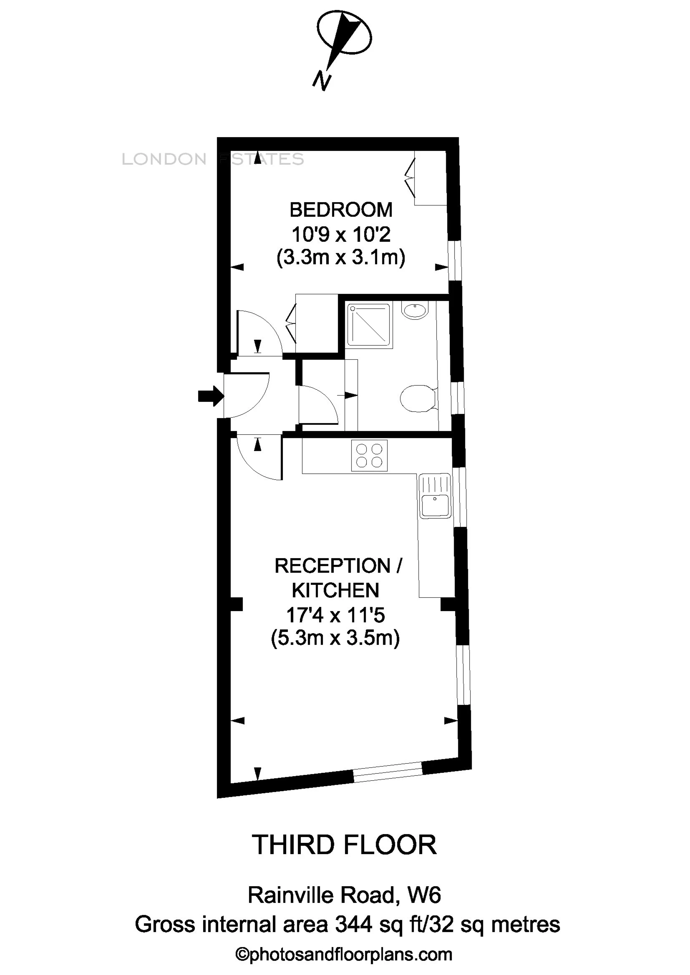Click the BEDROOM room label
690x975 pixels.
click(341, 210)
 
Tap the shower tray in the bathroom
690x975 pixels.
click(368, 325)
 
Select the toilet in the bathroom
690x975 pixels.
click(418, 399)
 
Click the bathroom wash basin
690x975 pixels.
click(416, 311)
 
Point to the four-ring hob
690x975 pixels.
click(369, 456)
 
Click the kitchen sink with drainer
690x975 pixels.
click(435, 496)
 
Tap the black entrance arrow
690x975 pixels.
click(211, 396)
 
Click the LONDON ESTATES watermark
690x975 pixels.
click(212, 159)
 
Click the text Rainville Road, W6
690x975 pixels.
click(344, 895)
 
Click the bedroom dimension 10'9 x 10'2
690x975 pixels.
click(341, 234)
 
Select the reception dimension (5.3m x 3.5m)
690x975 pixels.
click(335, 638)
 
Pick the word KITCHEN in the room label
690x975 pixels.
click(335, 590)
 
